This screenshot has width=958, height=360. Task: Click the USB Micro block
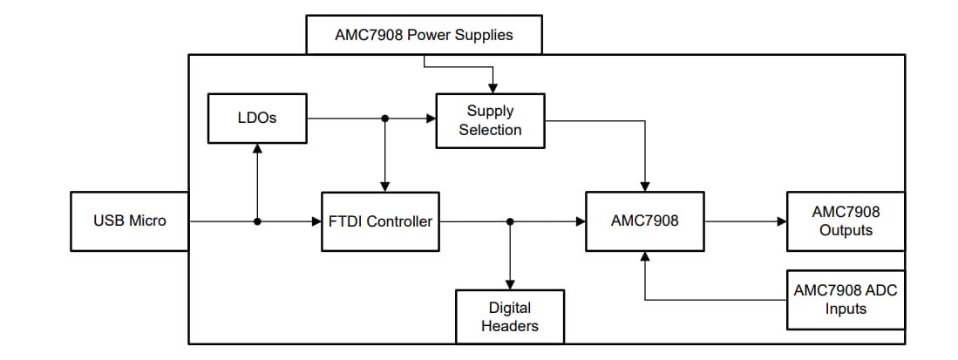(129, 221)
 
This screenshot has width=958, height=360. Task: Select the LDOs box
(257, 118)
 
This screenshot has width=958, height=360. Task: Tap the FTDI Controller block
(380, 221)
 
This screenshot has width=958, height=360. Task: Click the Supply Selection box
(490, 120)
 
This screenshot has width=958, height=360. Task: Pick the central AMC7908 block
(644, 221)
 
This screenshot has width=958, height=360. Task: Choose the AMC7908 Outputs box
(845, 221)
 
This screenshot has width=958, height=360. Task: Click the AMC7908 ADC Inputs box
(845, 299)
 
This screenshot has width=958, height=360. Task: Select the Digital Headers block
(510, 316)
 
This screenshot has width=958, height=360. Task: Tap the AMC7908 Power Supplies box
(424, 35)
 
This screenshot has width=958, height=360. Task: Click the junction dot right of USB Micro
(257, 221)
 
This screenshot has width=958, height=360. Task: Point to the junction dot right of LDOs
(385, 118)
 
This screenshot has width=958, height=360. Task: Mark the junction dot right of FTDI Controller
(510, 221)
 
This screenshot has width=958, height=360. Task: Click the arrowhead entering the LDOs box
(257, 149)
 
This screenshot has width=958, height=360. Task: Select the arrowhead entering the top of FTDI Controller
(385, 186)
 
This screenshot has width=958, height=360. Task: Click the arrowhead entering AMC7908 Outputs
(781, 221)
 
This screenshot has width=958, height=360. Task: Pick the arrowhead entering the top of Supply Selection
(493, 88)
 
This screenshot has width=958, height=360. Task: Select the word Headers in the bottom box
(510, 326)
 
